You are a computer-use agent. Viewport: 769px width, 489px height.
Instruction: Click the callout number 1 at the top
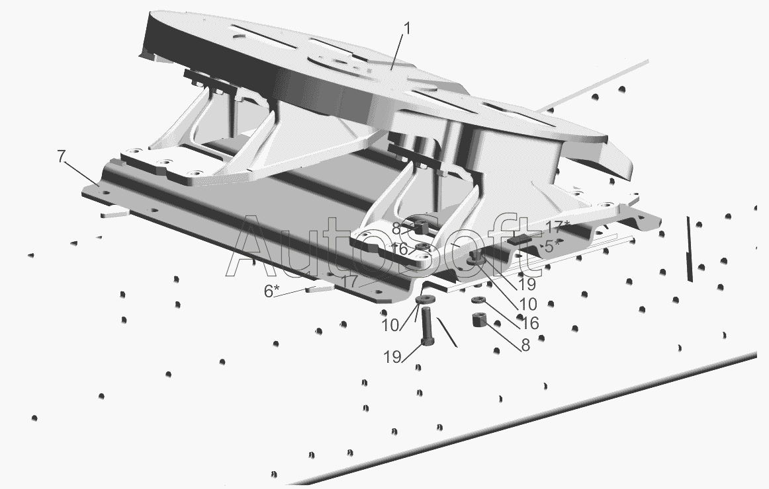click(x=406, y=28)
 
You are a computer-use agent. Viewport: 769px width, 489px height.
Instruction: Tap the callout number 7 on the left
click(x=61, y=157)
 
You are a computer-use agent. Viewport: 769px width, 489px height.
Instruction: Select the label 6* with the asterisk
click(x=271, y=291)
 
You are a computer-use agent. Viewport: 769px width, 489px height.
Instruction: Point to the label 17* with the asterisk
click(x=558, y=227)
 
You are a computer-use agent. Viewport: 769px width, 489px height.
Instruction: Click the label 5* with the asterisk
click(x=552, y=246)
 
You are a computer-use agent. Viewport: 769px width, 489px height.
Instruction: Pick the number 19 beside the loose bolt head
click(x=392, y=357)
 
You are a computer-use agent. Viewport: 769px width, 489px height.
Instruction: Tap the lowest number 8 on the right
click(x=525, y=345)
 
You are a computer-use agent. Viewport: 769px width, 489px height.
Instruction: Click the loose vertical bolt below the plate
click(x=426, y=325)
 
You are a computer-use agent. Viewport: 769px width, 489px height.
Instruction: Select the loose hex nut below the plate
click(x=478, y=320)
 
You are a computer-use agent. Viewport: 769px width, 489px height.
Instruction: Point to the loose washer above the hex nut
click(x=478, y=300)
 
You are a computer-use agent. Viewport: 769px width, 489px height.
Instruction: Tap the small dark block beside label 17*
click(x=519, y=239)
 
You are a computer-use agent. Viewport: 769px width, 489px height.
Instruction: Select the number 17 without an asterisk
click(x=351, y=282)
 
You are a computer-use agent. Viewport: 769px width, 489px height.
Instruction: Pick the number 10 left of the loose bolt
click(x=391, y=326)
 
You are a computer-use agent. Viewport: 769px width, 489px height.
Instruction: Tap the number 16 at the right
click(x=530, y=323)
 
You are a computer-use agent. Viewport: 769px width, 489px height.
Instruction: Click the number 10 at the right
click(x=527, y=304)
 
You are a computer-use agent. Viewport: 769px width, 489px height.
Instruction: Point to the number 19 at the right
click(x=527, y=284)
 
